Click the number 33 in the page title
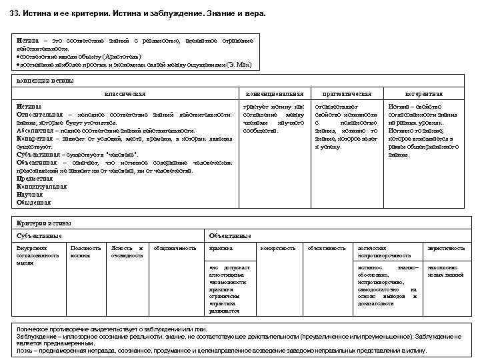click(14, 13)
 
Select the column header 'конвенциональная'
click(274, 94)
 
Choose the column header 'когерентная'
click(424, 94)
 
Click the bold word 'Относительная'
click(41, 115)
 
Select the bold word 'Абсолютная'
click(36, 131)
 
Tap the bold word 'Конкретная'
click(36, 139)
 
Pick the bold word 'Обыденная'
click(34, 202)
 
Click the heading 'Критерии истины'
click(43, 223)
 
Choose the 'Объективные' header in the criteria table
click(230, 235)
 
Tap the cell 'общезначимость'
click(175, 248)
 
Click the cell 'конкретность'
click(278, 248)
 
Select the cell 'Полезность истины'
click(85, 251)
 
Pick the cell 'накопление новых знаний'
click(446, 271)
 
